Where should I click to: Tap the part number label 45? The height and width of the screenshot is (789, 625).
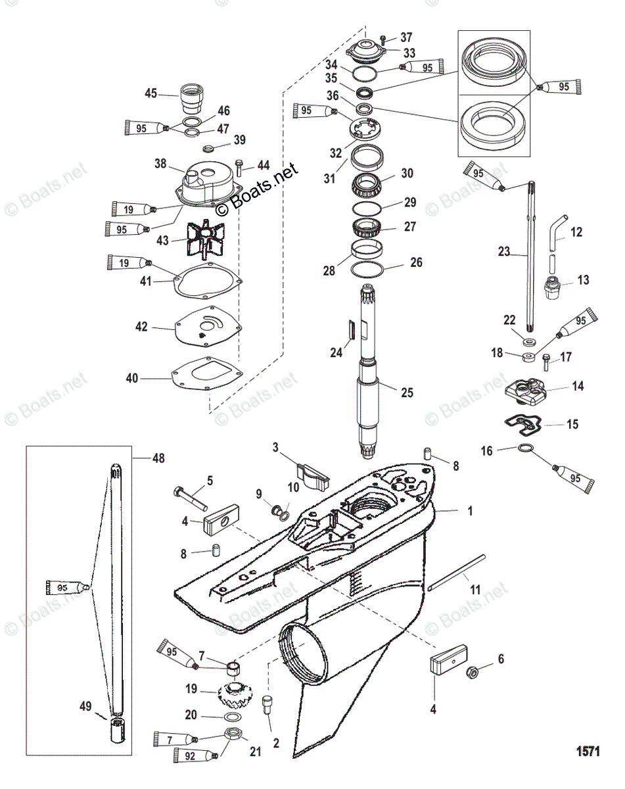click(x=151, y=93)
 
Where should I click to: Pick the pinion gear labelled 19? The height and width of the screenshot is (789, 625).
click(x=233, y=693)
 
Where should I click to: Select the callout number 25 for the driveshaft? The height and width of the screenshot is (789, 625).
click(x=407, y=393)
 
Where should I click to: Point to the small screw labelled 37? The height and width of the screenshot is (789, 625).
click(x=384, y=39)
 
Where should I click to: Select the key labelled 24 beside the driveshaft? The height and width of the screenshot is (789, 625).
click(x=352, y=329)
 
